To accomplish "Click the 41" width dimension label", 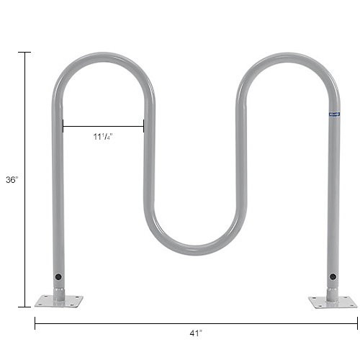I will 195,333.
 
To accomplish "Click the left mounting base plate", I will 58,300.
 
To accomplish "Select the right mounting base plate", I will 332,301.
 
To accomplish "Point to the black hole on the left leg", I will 58,276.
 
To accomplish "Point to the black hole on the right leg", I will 333,276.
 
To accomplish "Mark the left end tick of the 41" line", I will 35,323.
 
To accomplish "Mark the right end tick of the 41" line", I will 356,323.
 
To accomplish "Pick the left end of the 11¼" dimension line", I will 63,127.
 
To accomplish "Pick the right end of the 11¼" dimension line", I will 143,127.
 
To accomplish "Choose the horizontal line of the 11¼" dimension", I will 103,127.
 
